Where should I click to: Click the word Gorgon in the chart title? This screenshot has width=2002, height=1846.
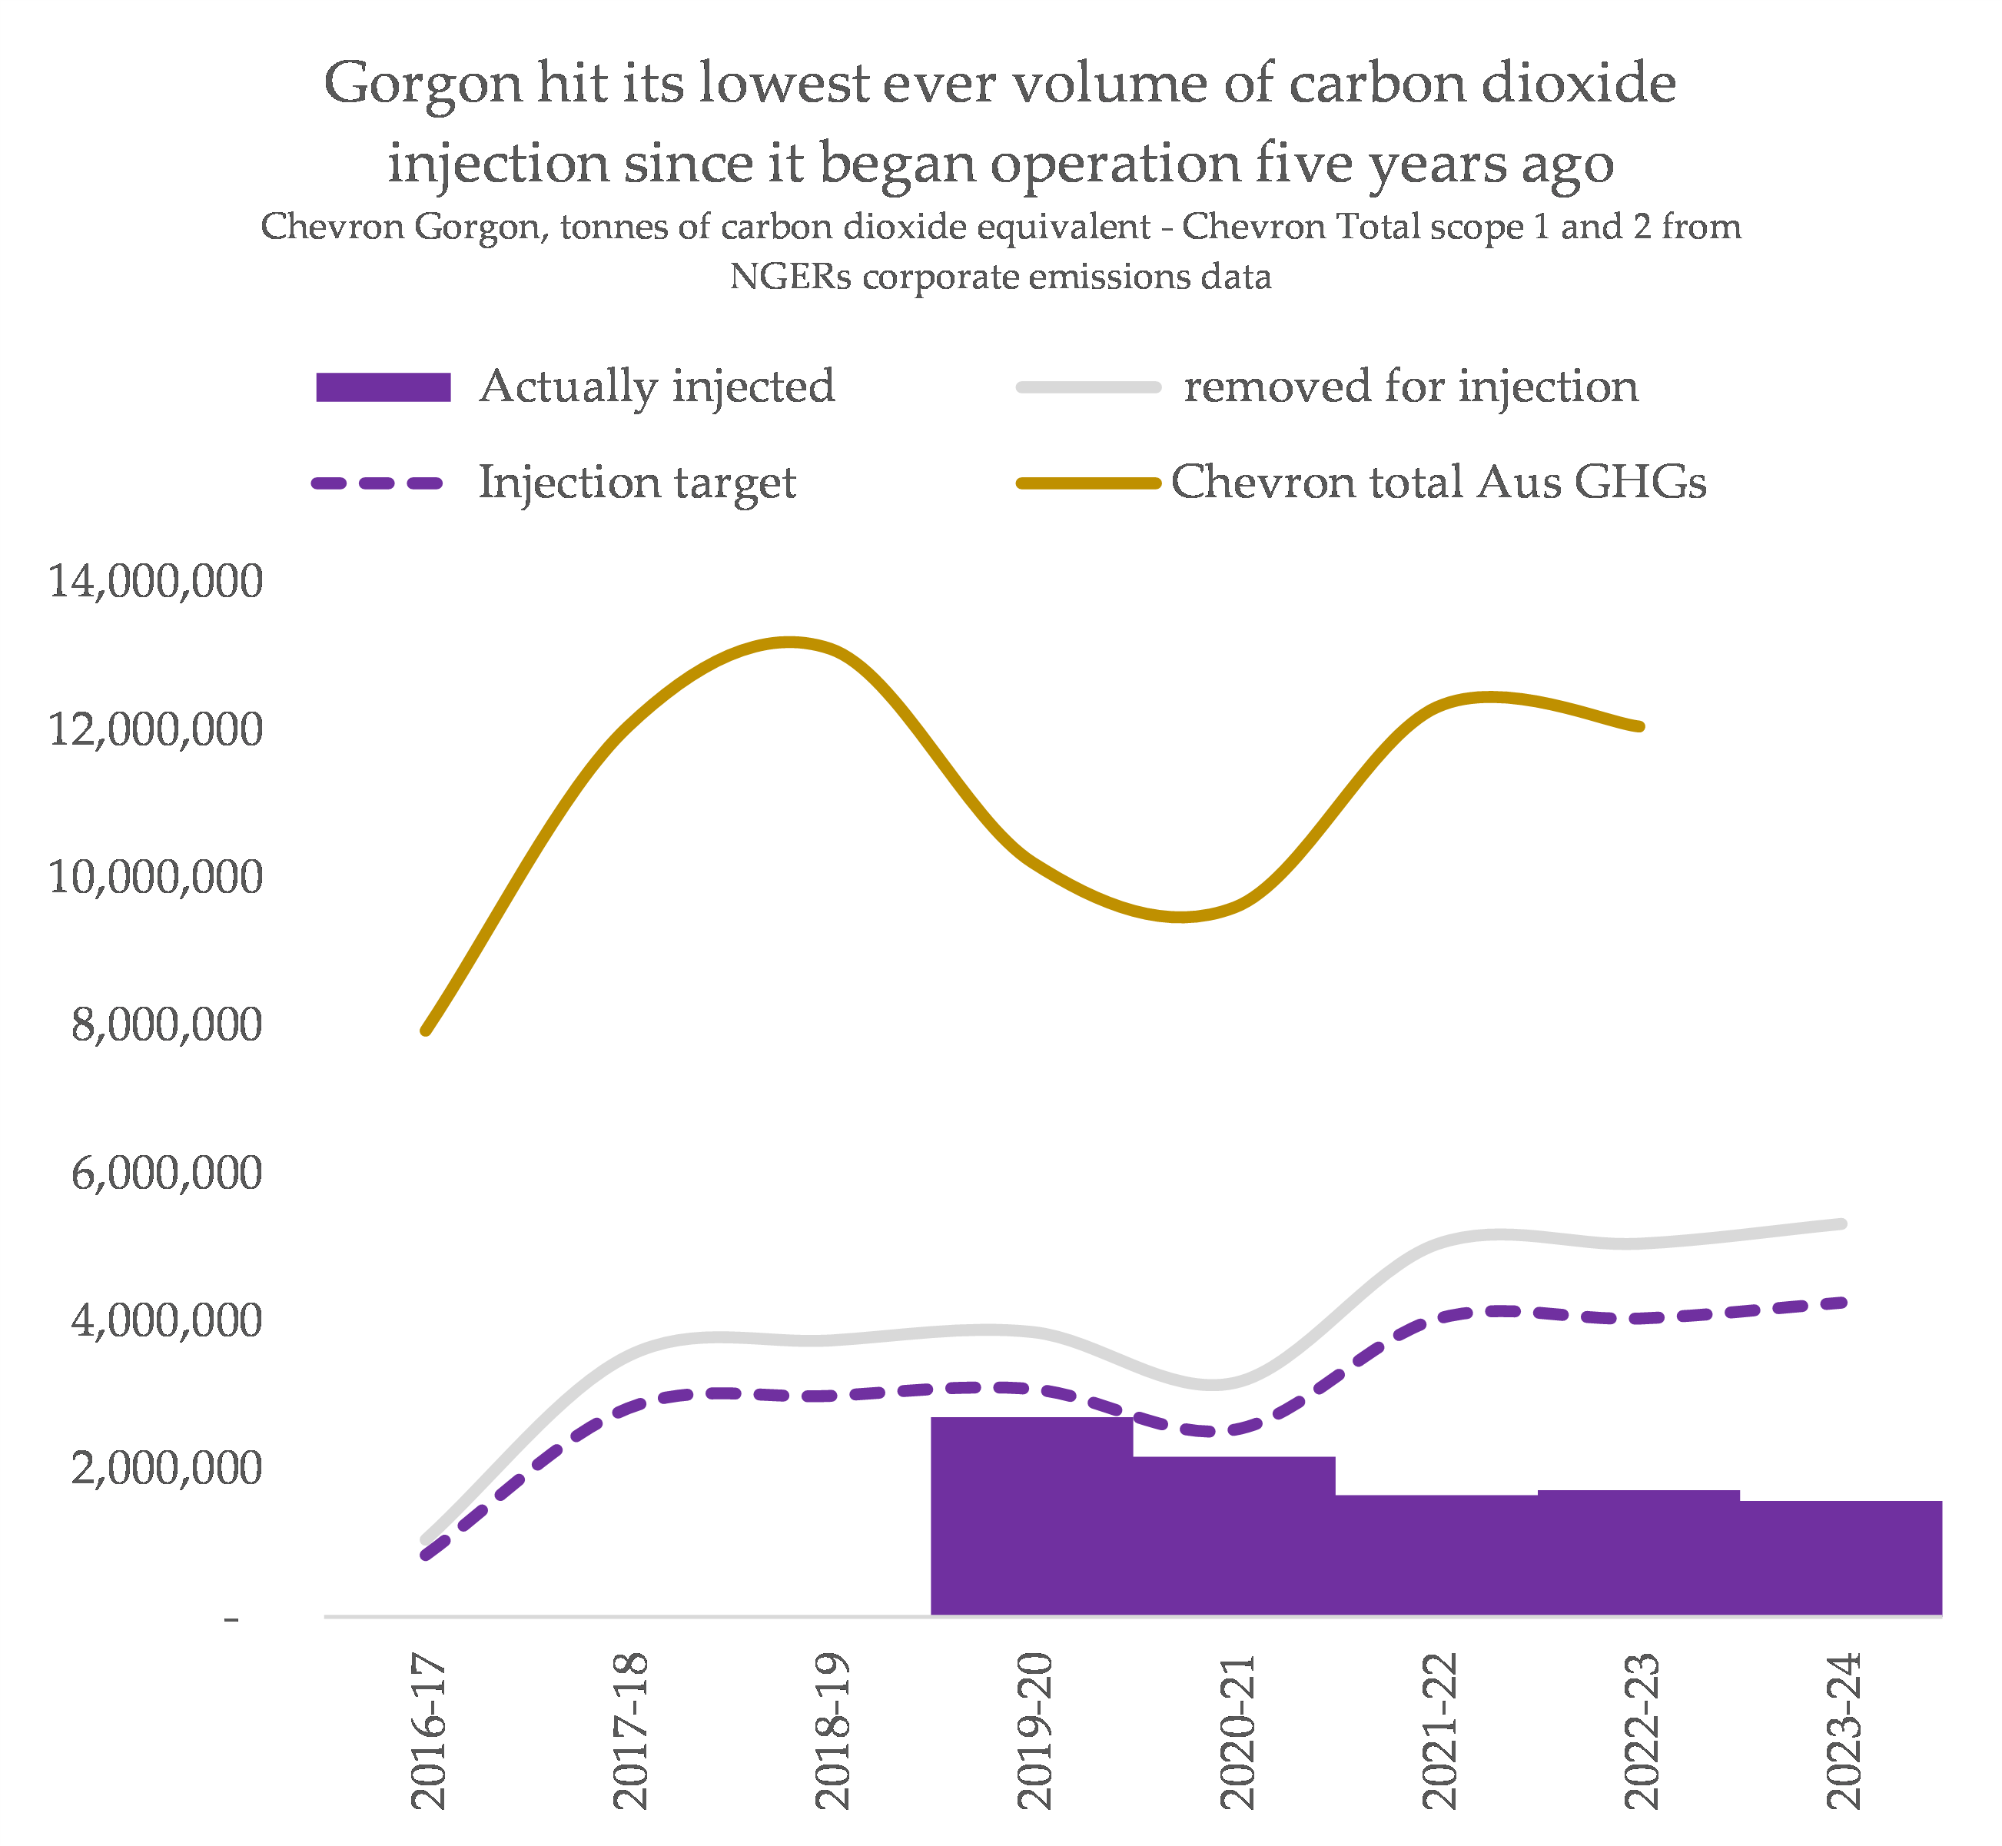tap(422, 85)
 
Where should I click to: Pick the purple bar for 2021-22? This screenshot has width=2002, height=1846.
tap(1436, 1555)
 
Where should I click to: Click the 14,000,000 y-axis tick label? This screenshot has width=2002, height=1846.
tap(156, 581)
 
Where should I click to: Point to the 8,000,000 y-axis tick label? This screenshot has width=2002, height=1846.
tap(167, 1025)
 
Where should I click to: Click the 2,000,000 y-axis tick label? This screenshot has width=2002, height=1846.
tap(167, 1469)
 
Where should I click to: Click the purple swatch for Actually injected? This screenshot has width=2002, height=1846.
tap(383, 387)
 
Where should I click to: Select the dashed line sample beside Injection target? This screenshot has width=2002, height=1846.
tap(377, 483)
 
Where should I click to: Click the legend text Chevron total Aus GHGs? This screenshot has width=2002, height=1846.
tap(1438, 483)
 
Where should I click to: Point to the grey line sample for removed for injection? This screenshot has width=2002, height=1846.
tap(1088, 387)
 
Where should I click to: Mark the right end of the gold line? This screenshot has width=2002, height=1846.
tap(1640, 726)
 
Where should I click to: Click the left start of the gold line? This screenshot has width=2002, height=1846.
tap(427, 1030)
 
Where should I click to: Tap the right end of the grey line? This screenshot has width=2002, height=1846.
tap(1841, 1223)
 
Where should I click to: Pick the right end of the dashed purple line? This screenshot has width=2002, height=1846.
tap(1841, 1303)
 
